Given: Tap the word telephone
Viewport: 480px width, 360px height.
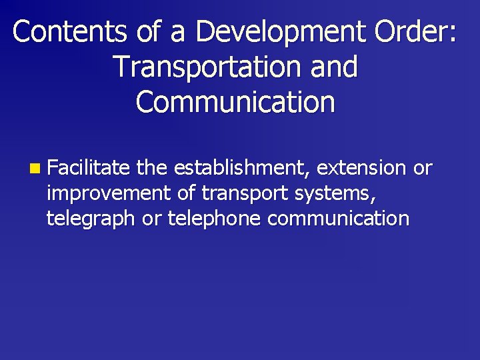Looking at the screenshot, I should point(213,219).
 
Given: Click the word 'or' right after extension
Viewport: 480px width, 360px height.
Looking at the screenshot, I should point(423,168).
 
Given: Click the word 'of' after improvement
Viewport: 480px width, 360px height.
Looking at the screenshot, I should point(186,193).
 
